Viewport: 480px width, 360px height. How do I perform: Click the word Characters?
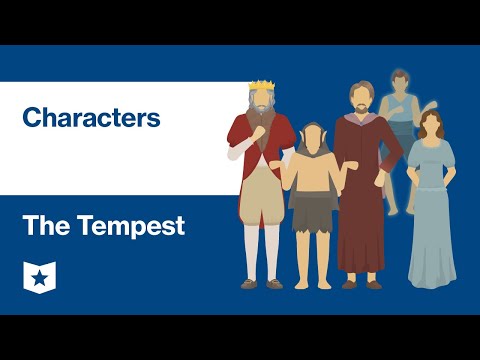90,118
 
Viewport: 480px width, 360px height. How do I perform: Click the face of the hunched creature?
313,139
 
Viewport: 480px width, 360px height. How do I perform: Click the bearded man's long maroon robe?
362,200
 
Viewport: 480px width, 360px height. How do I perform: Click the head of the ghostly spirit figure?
401,81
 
